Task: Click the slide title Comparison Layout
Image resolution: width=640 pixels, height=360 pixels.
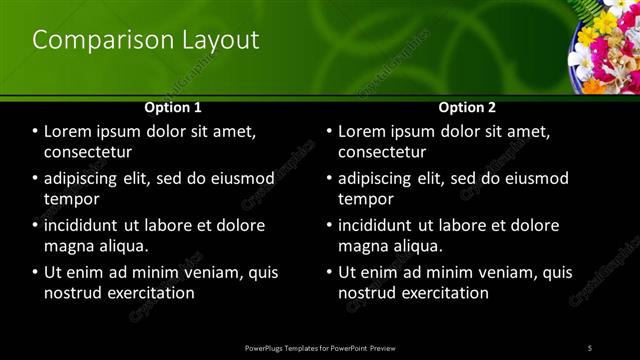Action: (146, 40)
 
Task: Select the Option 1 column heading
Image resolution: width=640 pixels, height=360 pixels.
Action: (173, 107)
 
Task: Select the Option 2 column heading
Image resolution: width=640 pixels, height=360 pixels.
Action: (467, 107)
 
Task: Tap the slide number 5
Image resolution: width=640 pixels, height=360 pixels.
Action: (590, 347)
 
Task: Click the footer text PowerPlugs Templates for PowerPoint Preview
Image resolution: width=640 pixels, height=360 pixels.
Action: (320, 347)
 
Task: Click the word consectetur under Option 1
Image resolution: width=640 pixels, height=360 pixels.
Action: (88, 152)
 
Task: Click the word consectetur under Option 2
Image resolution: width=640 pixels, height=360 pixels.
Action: (382, 152)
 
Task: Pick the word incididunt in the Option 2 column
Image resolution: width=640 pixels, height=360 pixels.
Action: (379, 225)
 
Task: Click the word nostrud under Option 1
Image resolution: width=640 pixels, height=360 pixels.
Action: (72, 293)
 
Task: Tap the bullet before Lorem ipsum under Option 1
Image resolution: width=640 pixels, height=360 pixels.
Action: (36, 132)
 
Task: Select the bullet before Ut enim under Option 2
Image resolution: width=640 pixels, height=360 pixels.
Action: (330, 272)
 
